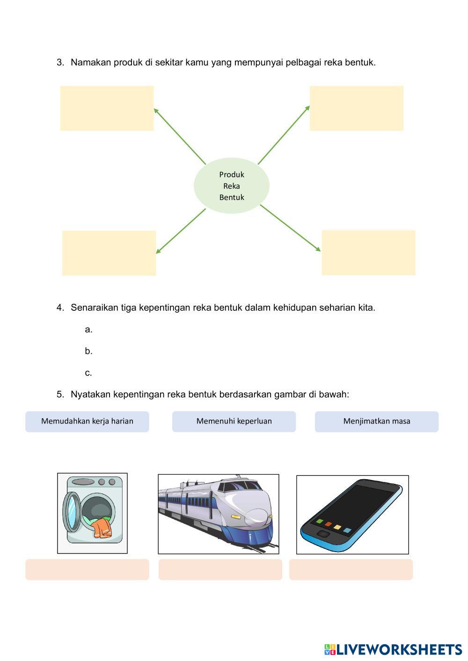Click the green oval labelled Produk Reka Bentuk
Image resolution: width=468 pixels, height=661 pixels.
pyautogui.click(x=232, y=186)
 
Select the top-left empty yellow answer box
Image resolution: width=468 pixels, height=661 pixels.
pyautogui.click(x=107, y=108)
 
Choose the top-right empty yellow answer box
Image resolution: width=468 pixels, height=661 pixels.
pyautogui.click(x=356, y=108)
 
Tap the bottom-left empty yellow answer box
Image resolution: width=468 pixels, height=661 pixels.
pyautogui.click(x=109, y=253)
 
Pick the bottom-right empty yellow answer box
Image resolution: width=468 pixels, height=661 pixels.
pyautogui.click(x=368, y=252)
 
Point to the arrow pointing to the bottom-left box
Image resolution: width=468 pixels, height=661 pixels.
pyautogui.click(x=181, y=231)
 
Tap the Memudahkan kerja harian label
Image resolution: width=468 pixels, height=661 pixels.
pyautogui.click(x=87, y=421)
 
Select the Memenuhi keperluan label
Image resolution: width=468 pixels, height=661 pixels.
pyautogui.click(x=234, y=421)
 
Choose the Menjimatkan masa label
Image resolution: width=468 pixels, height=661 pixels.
pyautogui.click(x=376, y=421)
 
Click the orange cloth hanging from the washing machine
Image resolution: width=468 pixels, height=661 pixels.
pyautogui.click(x=101, y=529)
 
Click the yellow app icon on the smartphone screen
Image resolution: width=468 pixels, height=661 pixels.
pyautogui.click(x=337, y=527)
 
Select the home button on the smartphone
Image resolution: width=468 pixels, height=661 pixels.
pyautogui.click(x=323, y=534)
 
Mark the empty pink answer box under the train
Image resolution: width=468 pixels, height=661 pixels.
pyautogui.click(x=220, y=569)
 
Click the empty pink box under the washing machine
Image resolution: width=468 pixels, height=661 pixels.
pyautogui.click(x=87, y=569)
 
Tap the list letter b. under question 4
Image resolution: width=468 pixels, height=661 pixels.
pyautogui.click(x=88, y=351)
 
